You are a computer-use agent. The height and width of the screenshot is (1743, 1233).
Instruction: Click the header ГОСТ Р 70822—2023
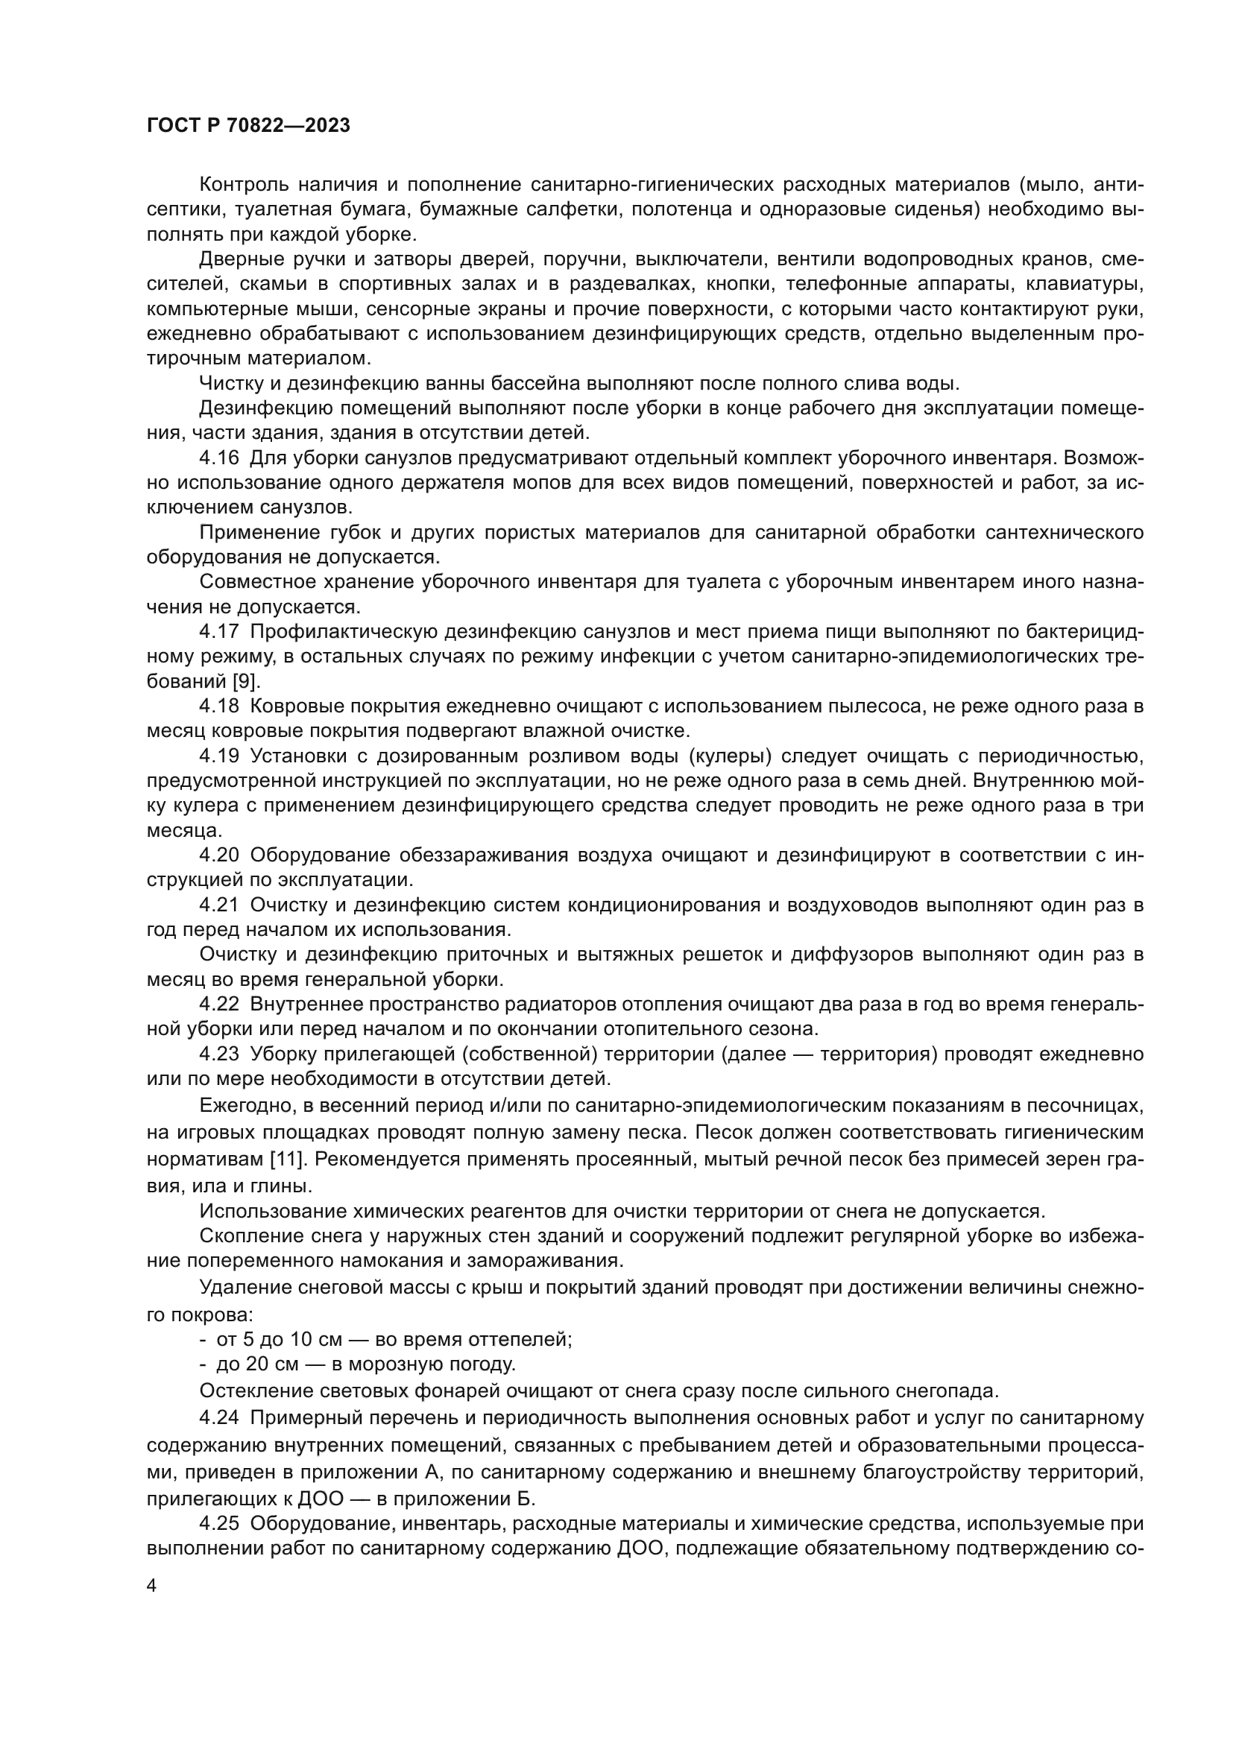tap(248, 126)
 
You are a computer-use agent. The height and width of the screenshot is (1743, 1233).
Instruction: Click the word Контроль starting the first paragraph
tap(244, 185)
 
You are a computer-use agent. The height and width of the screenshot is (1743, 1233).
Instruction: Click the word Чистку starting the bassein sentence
tap(229, 383)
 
